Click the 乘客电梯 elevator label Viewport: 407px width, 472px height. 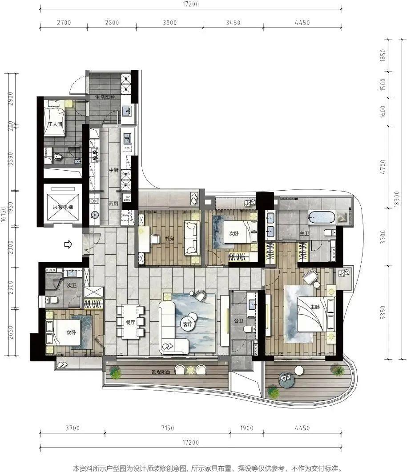tap(63, 207)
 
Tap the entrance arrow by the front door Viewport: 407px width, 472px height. tap(69, 244)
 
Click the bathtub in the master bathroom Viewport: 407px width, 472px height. tap(321, 217)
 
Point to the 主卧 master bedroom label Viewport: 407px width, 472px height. tap(315, 307)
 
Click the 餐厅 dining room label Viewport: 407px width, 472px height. tap(130, 322)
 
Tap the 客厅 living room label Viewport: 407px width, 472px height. tap(187, 324)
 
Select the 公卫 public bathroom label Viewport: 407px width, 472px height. tap(238, 321)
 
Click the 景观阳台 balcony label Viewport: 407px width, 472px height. tap(161, 372)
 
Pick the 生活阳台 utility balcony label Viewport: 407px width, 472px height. tap(105, 97)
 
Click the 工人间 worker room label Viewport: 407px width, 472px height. tap(55, 124)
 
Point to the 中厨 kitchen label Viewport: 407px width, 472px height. tap(113, 170)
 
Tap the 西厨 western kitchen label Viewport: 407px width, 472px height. tap(113, 204)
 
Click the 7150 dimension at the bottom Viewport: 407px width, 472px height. tap(168, 428)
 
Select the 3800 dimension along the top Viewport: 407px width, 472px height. tap(169, 22)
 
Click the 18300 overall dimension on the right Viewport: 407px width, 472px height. tap(396, 199)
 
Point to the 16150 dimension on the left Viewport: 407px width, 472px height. tap(4, 214)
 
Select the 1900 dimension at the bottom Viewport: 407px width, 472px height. tap(247, 428)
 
